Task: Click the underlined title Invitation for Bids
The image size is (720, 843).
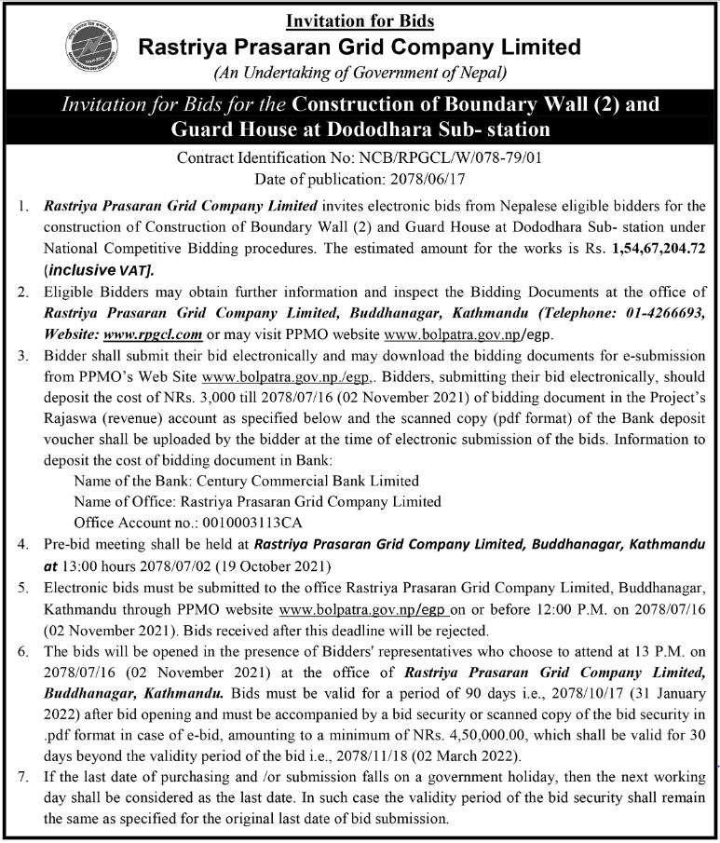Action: pyautogui.click(x=360, y=20)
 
